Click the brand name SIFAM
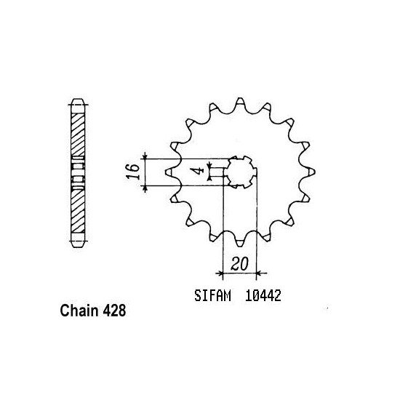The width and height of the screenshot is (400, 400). [215, 297]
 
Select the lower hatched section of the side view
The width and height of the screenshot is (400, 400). [77, 211]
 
